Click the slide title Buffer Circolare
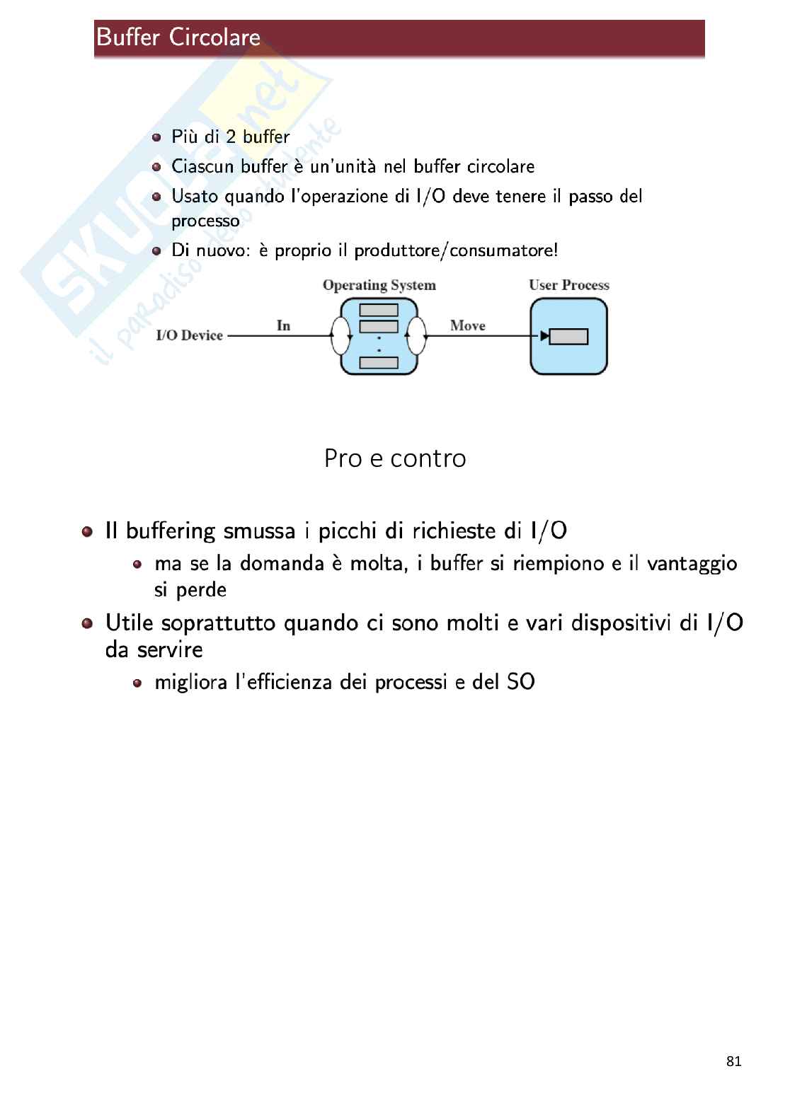point(178,37)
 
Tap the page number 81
point(733,1061)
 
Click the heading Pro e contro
point(395,458)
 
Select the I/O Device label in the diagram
point(189,335)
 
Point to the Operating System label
point(379,285)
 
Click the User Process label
point(568,285)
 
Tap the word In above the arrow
point(283,325)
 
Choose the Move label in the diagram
point(467,325)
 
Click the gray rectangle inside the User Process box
point(568,337)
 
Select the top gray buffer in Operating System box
point(379,310)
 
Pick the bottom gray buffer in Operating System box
point(379,363)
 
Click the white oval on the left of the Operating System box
point(341,335)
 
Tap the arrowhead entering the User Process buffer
point(544,336)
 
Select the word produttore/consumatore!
point(456,250)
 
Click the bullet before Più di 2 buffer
point(156,137)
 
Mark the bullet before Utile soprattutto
point(87,623)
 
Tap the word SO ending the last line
point(520,682)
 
